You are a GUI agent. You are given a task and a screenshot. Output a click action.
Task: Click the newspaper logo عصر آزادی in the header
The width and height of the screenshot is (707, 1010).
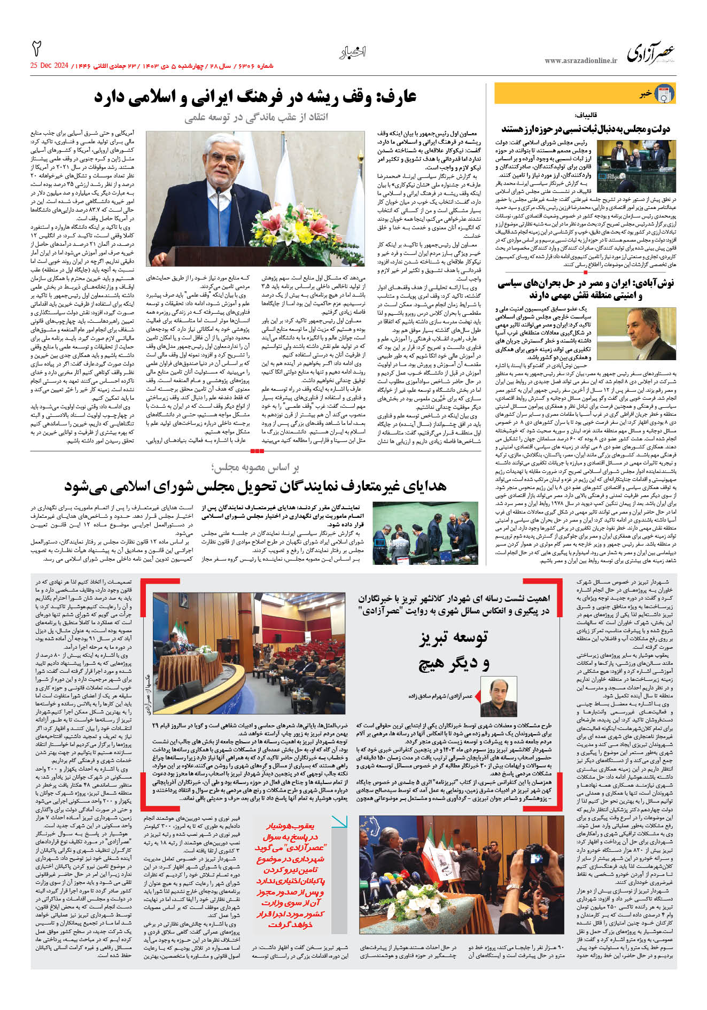(651, 53)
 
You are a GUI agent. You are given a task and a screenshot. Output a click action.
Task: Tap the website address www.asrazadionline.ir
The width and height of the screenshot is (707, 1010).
(581, 61)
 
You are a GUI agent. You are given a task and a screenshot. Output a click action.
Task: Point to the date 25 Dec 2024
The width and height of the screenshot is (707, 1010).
(50, 66)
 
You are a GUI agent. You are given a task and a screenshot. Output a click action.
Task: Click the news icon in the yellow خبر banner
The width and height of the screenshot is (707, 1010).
(664, 94)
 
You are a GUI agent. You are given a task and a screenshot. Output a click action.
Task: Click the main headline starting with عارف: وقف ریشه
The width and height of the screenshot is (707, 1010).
(255, 97)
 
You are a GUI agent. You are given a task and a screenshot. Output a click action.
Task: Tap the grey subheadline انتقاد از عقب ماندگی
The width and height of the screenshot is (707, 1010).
(257, 118)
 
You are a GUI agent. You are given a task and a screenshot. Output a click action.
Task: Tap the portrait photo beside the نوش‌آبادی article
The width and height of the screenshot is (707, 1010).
(648, 331)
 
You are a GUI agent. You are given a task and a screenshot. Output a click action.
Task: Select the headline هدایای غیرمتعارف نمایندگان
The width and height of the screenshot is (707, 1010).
(255, 486)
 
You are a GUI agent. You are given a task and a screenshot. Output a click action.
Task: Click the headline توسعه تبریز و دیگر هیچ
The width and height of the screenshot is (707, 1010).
(454, 650)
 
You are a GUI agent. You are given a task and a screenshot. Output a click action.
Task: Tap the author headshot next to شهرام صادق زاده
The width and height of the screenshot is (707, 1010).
(499, 700)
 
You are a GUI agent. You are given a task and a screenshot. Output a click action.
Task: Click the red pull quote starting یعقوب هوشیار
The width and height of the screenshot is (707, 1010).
(292, 876)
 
